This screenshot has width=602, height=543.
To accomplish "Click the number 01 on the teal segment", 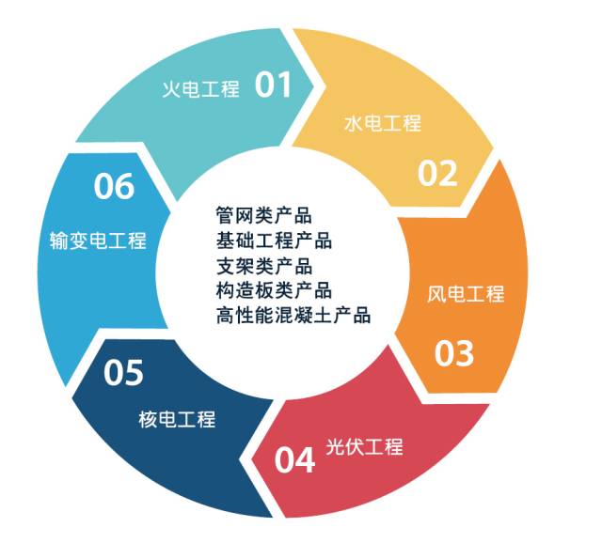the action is (x=276, y=86).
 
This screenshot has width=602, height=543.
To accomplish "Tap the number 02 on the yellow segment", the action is (x=437, y=174).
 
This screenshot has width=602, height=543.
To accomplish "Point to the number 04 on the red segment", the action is (x=294, y=460).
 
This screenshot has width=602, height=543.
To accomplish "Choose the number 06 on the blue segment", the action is (x=114, y=186).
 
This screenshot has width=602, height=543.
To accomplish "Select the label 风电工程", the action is (x=466, y=294).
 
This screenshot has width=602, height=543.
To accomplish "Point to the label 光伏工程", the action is (x=364, y=447).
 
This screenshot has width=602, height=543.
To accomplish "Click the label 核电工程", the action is (x=177, y=419).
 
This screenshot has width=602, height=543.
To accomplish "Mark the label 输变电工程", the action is (x=98, y=240).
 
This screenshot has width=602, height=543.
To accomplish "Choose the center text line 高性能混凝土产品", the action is (x=293, y=315).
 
